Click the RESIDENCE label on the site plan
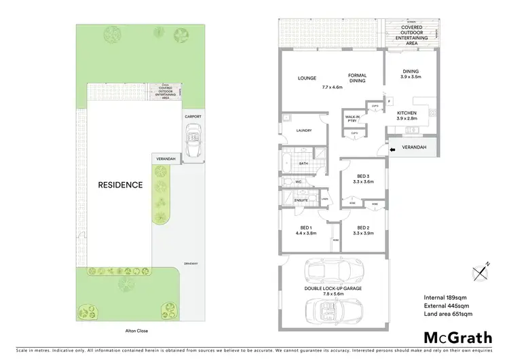pos(120,184)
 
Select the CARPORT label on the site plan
pos(193,116)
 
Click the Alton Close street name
pos(128,331)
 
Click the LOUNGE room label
pos(307,78)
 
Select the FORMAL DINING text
pos(357,78)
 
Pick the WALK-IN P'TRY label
pos(352,118)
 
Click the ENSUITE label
pos(301,200)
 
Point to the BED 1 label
pos(305,229)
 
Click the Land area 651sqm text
pos(448,314)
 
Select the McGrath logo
pos(457,337)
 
